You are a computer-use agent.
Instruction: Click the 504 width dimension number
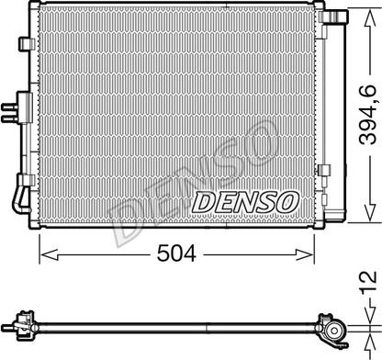click(176, 253)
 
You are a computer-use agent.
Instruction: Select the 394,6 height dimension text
click(368, 114)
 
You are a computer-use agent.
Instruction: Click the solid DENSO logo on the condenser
click(245, 202)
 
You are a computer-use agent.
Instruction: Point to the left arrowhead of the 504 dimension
click(49, 254)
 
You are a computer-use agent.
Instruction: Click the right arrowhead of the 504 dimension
click(305, 254)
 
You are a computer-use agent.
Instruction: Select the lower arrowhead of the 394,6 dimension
click(370, 212)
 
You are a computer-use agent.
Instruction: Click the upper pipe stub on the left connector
click(10, 107)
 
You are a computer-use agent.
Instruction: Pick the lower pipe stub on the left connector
click(10, 119)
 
